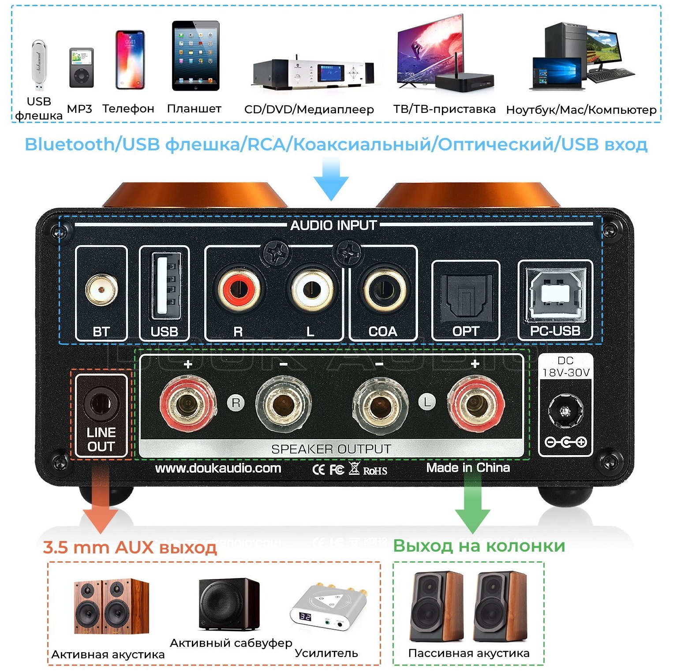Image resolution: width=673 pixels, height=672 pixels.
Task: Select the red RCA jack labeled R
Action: [239, 291]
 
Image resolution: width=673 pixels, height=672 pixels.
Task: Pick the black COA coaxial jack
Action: [383, 290]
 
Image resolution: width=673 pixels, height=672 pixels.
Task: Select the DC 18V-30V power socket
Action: [565, 411]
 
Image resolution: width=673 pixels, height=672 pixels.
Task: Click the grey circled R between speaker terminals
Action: [236, 403]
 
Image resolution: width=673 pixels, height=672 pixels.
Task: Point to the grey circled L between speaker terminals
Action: [426, 402]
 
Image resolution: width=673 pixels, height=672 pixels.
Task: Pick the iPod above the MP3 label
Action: [81, 67]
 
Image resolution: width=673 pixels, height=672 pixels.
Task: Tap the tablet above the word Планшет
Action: [195, 56]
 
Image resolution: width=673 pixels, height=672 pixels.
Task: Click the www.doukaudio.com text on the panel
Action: [218, 468]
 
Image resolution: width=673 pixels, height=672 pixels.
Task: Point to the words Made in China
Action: [468, 468]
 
